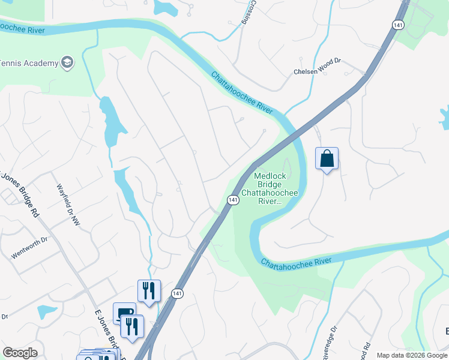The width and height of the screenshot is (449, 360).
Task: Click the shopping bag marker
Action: [x=327, y=159]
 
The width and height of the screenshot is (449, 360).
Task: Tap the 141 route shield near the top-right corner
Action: [x=399, y=24]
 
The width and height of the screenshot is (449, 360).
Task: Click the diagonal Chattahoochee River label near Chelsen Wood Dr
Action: [x=242, y=92]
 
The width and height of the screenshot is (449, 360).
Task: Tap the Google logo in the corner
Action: [x=20, y=353]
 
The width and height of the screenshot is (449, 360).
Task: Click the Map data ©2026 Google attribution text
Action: [x=412, y=355]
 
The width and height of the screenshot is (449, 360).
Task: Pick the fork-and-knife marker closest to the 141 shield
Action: [x=148, y=290]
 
